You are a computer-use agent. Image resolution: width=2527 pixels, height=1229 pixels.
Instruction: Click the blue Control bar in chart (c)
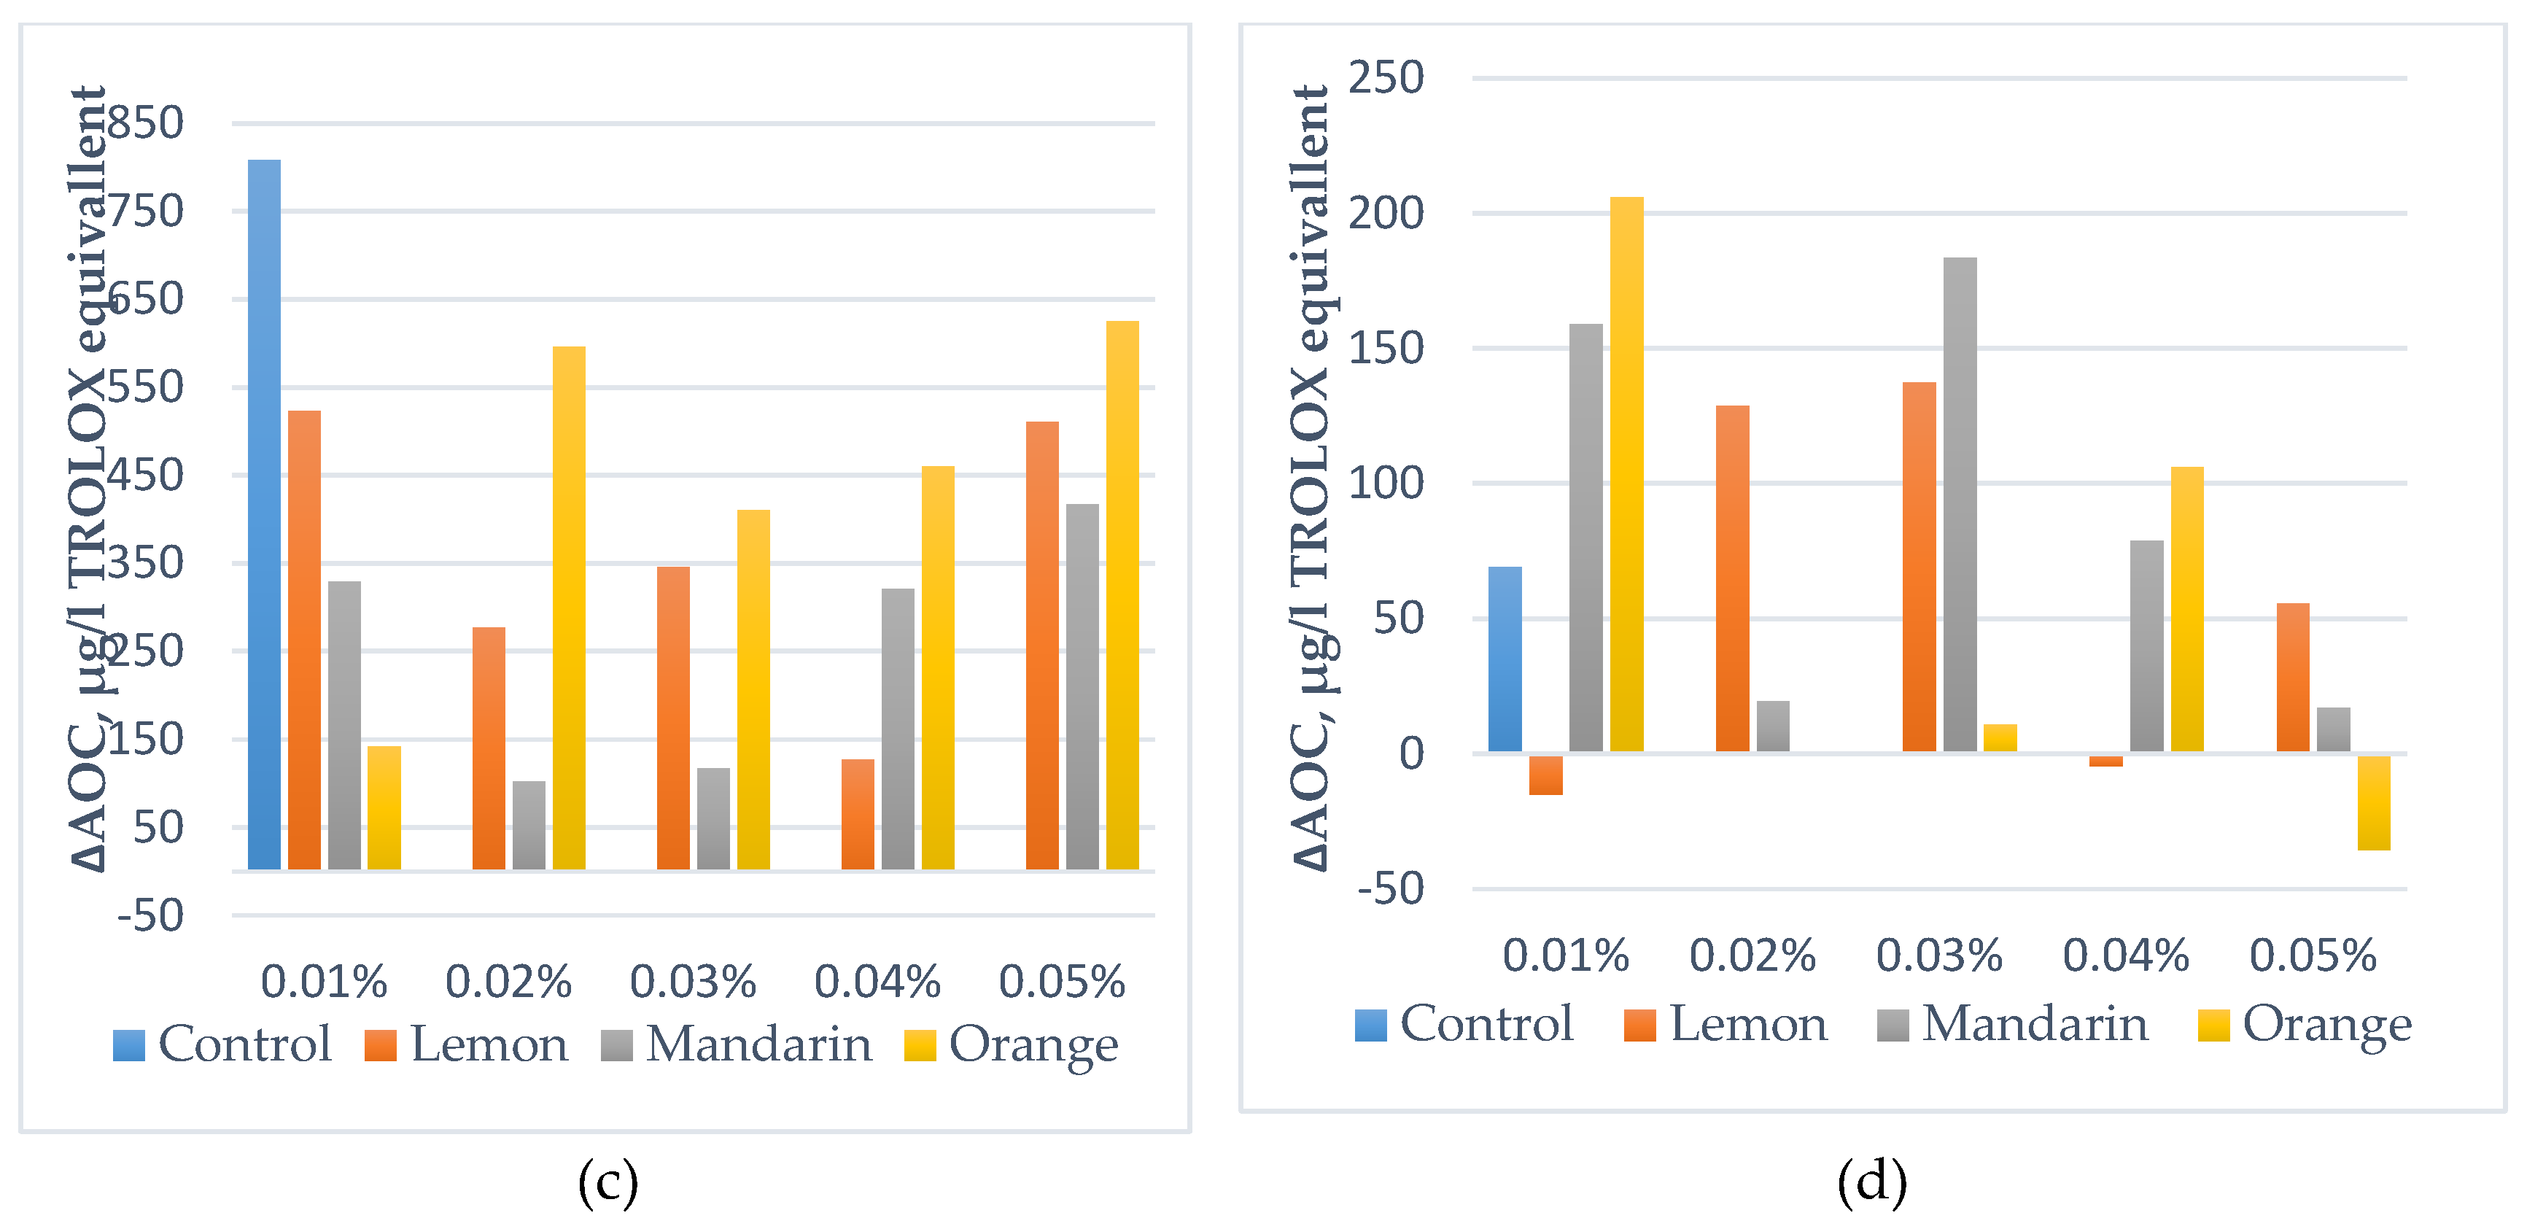point(264,514)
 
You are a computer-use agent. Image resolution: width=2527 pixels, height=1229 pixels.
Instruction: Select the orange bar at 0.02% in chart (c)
point(569,608)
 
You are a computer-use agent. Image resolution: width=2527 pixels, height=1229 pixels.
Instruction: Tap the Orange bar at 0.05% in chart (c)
point(1122,595)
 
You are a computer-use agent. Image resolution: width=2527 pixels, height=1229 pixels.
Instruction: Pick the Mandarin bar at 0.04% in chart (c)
point(898,729)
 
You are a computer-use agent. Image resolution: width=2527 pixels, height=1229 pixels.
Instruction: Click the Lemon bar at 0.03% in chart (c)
point(673,718)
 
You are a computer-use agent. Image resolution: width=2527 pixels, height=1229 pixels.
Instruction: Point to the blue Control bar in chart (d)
point(1505,659)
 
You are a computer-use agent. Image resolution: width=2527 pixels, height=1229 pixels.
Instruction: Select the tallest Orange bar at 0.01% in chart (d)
point(1626,475)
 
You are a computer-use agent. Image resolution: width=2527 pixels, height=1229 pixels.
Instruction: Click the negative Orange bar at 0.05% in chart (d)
point(2374,802)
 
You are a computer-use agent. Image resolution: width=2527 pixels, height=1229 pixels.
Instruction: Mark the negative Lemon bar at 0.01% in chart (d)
point(1545,775)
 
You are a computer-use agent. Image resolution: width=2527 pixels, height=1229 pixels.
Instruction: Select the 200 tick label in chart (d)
point(1385,213)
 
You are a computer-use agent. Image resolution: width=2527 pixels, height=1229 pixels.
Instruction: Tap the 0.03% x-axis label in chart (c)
point(693,982)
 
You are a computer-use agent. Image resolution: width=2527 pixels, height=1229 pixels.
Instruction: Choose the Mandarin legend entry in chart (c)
point(737,1044)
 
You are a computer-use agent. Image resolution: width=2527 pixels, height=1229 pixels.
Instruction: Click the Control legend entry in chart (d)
point(1464,1025)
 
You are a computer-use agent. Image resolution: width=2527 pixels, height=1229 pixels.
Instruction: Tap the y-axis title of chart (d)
point(1310,478)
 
